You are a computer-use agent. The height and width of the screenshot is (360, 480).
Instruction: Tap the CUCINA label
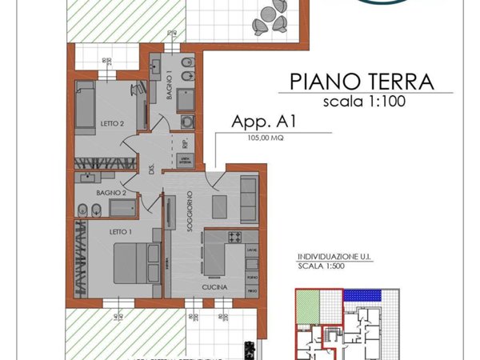[214, 286]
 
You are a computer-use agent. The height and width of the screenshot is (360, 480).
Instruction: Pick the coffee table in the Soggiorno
[219, 205]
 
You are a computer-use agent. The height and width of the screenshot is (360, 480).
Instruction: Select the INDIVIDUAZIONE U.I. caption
[334, 258]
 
